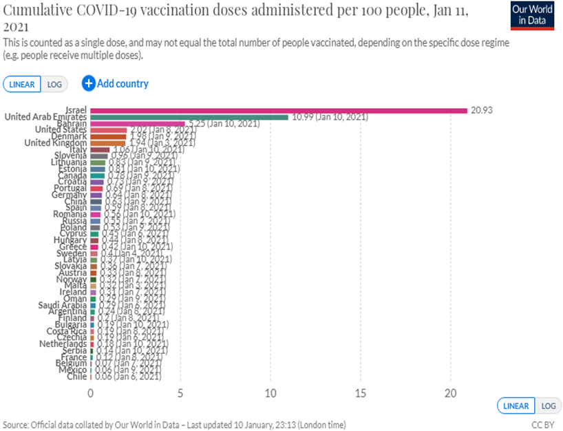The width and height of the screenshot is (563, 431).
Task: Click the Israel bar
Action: click(279, 110)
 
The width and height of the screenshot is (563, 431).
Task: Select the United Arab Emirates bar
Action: click(189, 117)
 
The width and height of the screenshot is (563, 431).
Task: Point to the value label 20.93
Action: click(482, 110)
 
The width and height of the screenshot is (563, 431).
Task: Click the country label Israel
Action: click(75, 110)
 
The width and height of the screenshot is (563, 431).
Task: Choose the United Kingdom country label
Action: click(56, 143)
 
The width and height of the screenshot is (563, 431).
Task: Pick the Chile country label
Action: click(77, 376)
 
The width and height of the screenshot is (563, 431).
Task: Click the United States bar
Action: click(108, 129)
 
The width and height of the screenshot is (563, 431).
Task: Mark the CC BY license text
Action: click(542, 425)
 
